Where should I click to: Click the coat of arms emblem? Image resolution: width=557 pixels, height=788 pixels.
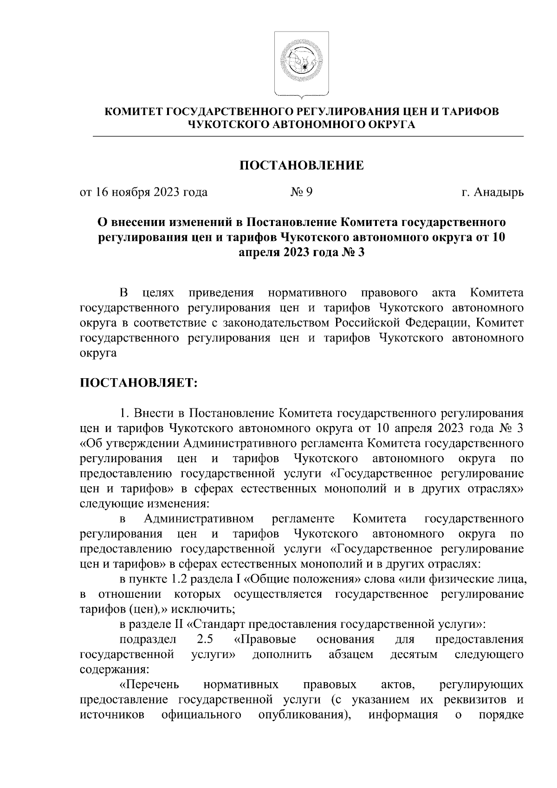coord(301,65)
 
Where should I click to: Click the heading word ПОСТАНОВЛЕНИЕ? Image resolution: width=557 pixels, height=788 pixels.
coord(301,166)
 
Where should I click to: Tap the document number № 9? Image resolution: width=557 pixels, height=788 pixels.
coord(301,192)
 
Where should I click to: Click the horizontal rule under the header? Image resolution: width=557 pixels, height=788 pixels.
coord(308,136)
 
